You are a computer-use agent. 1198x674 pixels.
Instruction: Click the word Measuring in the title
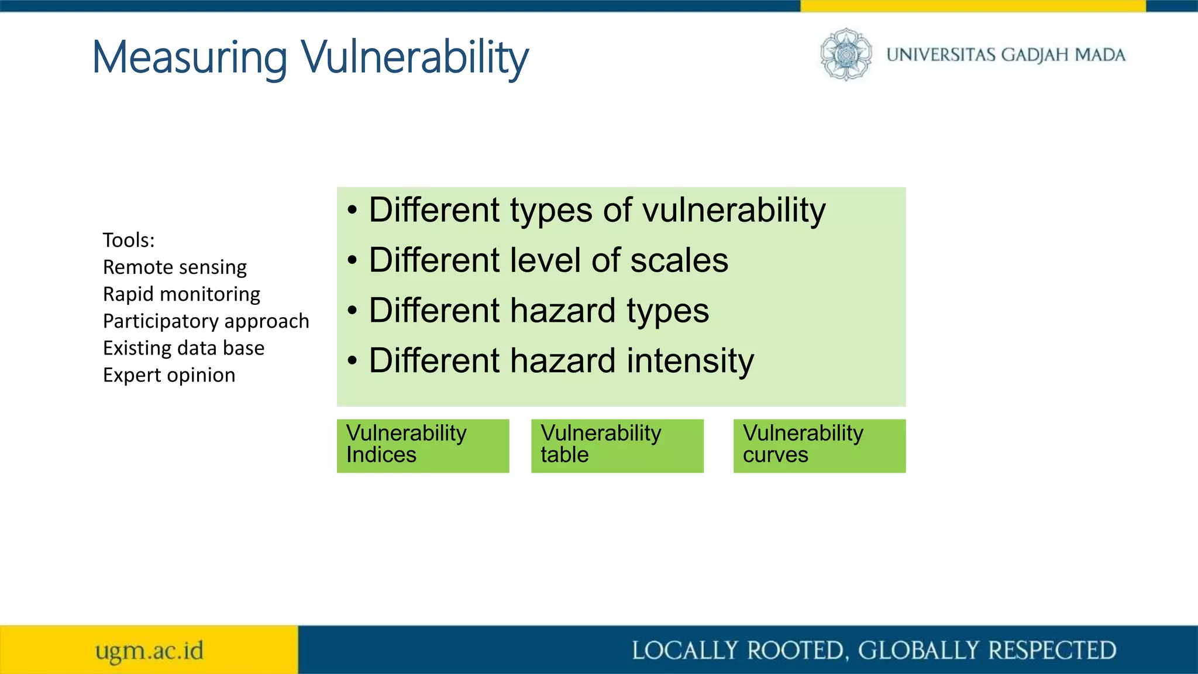pos(190,57)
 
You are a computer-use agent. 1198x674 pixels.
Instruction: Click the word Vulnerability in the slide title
pos(415,57)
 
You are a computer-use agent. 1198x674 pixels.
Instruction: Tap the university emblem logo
pos(846,54)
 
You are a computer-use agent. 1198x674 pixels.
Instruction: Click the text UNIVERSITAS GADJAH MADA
pos(1006,55)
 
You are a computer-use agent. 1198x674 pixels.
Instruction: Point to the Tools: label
pos(129,240)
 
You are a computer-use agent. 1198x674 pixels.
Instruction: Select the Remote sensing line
pos(174,267)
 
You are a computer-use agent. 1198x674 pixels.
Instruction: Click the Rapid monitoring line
pos(181,294)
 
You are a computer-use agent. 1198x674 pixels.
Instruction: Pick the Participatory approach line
pos(206,321)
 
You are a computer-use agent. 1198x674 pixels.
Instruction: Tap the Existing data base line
pos(184,348)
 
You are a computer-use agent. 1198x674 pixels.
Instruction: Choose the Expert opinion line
pos(169,375)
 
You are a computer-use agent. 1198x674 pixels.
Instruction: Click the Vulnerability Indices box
pos(422,445)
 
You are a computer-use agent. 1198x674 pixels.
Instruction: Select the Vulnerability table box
pos(617,445)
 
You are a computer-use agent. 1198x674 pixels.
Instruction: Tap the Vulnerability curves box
pos(819,445)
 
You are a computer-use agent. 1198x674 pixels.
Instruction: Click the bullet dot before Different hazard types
pos(352,311)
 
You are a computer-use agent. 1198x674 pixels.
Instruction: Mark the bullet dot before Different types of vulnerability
pos(352,211)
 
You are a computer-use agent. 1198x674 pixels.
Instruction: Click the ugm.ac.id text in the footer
pos(150,651)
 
